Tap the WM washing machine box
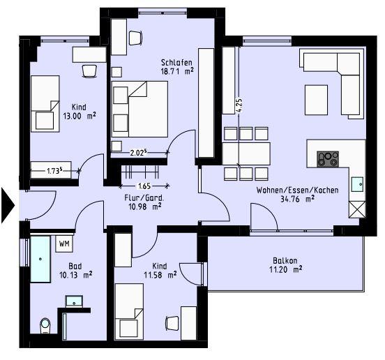pyautogui.click(x=63, y=243)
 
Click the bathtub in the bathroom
pyautogui.click(x=40, y=259)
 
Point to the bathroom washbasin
pyautogui.click(x=75, y=301)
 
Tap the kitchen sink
pyautogui.click(x=357, y=184)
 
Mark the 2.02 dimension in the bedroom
pyautogui.click(x=139, y=151)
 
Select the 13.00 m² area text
pyautogui.click(x=79, y=116)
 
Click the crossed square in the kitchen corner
pyautogui.click(x=357, y=209)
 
